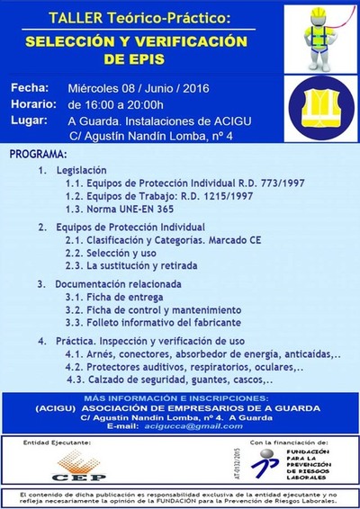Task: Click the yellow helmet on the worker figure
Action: coord(319,16)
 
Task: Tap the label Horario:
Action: coord(34,105)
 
